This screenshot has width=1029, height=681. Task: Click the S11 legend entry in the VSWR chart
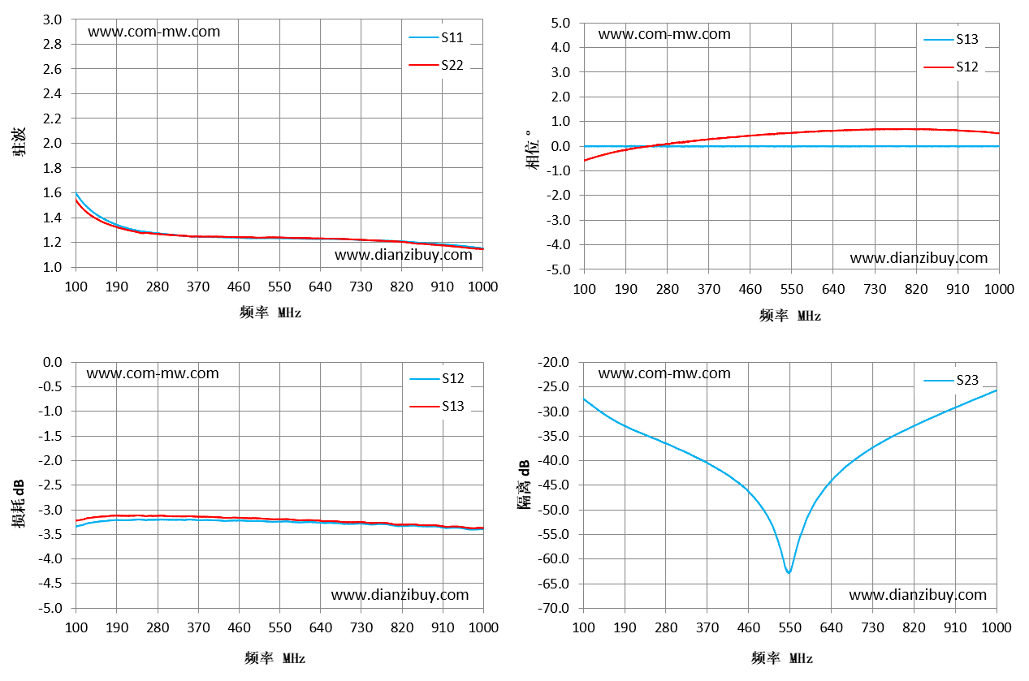(436, 37)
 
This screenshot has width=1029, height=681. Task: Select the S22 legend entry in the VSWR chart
(436, 65)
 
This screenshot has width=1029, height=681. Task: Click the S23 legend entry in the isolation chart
(951, 380)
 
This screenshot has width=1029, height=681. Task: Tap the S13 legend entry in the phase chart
(951, 40)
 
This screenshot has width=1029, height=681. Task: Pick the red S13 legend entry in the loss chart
(437, 406)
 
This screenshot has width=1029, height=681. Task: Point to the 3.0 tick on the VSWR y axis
(52, 19)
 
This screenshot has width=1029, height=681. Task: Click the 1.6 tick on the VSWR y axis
(52, 192)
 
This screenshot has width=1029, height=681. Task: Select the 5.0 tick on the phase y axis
(560, 23)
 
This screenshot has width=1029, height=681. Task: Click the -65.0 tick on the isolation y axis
(554, 584)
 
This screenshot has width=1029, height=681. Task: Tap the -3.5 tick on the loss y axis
(50, 535)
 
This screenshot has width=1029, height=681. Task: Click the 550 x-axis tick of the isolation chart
(789, 627)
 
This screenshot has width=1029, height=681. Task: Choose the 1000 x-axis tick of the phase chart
(999, 289)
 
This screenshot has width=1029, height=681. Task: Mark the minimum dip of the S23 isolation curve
(789, 572)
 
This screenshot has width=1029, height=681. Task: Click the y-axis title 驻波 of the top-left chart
(19, 142)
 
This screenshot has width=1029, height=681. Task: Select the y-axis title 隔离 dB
(524, 485)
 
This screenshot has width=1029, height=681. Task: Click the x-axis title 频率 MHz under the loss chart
(275, 658)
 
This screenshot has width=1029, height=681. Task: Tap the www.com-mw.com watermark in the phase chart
(664, 34)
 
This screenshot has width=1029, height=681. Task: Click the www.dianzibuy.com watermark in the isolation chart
(918, 595)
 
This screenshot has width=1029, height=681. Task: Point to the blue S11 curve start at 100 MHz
(76, 193)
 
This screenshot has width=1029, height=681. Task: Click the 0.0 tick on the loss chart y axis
(52, 362)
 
